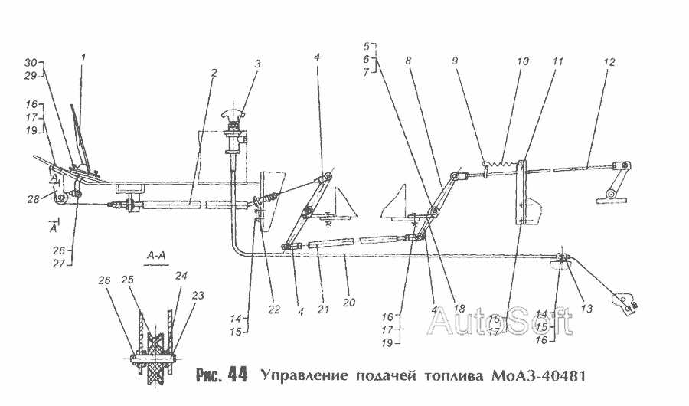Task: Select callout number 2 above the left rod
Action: [215, 72]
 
